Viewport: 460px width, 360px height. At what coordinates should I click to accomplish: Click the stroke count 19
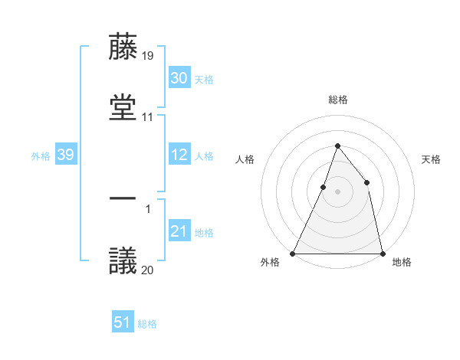148,56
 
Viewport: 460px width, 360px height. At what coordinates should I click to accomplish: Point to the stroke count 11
148,117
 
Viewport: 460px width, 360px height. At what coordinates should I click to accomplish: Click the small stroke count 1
148,208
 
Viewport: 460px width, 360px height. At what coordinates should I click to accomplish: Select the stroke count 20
148,270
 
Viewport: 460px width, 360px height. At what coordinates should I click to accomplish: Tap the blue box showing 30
179,78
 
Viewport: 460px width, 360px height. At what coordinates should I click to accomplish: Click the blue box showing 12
179,155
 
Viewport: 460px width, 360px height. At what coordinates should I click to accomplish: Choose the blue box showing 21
179,231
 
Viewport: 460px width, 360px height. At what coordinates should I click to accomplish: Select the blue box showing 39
65,155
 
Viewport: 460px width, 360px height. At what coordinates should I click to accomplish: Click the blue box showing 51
123,322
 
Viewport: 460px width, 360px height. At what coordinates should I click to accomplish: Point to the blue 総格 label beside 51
147,324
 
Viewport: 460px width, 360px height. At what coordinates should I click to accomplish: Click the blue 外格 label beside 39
41,155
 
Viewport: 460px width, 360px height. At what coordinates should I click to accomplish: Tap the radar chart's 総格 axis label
337,100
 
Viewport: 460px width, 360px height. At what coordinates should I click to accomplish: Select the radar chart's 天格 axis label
432,159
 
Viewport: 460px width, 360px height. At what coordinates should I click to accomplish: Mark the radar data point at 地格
382,253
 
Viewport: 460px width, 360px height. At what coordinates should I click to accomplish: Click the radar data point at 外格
293,253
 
